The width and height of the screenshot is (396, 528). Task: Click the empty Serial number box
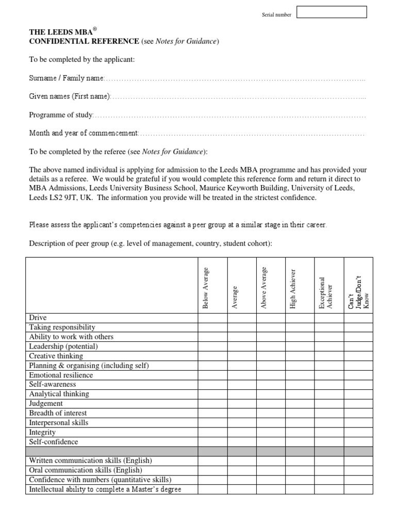(332, 12)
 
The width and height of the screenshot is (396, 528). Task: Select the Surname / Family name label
(67, 78)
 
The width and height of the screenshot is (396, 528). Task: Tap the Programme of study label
(61, 115)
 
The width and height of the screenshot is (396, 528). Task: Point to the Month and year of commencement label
(84, 134)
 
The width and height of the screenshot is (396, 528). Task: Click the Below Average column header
(206, 288)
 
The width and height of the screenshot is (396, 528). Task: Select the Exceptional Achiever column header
(326, 293)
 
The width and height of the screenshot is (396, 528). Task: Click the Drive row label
(38, 318)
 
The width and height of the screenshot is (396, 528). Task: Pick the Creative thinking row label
(56, 356)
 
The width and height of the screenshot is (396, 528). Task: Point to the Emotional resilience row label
(61, 375)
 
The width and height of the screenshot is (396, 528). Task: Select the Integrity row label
(42, 432)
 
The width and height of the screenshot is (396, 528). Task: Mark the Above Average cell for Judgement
(271, 404)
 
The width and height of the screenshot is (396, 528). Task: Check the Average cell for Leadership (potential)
(241, 346)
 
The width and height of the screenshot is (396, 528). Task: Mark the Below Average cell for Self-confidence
(212, 442)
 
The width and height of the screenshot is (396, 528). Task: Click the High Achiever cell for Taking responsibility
(300, 327)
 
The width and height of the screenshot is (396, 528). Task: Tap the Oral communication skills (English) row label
(86, 470)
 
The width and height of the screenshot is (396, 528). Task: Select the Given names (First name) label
(70, 96)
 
